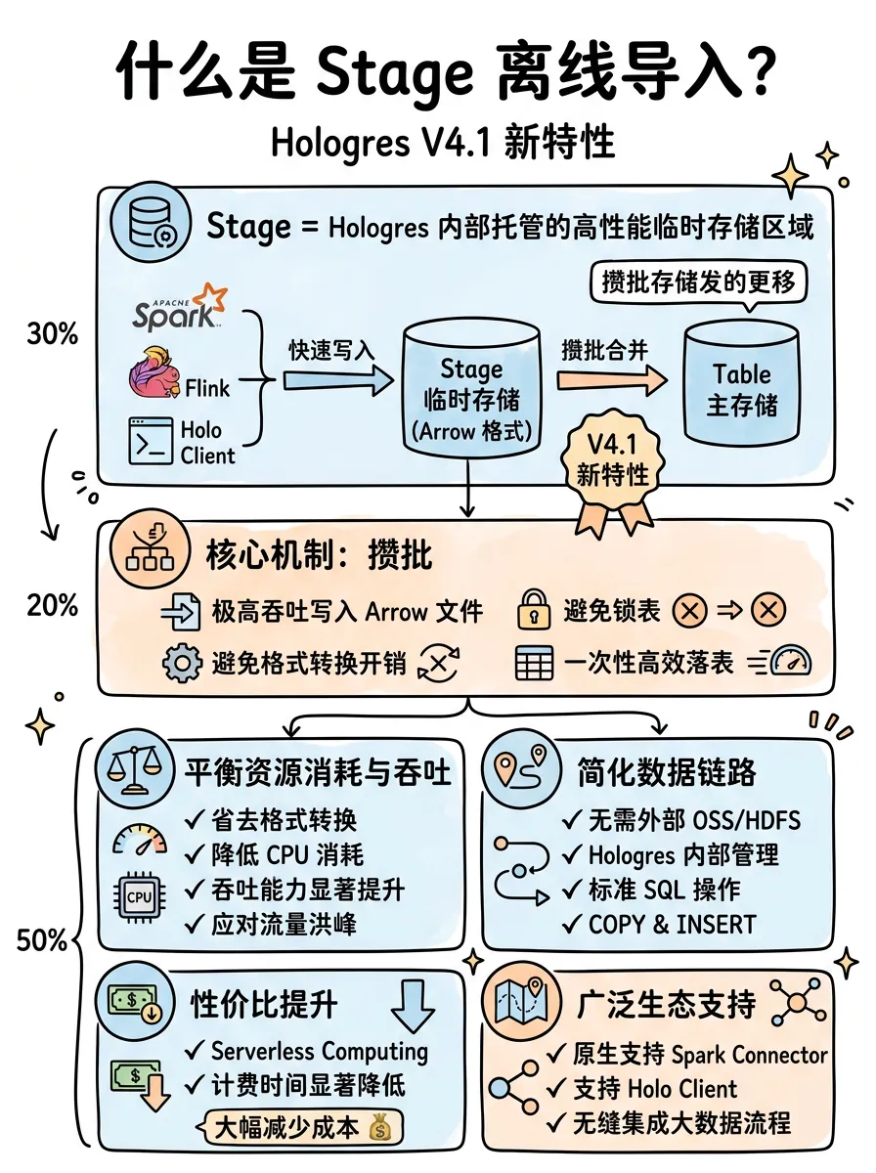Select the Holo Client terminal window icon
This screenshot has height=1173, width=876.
[x=151, y=441]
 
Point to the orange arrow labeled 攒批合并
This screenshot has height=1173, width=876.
[x=612, y=380]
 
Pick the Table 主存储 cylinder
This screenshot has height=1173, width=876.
[x=742, y=382]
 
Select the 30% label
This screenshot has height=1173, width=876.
[x=53, y=334]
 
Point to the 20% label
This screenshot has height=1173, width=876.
[x=53, y=605]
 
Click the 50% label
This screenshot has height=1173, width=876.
[x=42, y=940]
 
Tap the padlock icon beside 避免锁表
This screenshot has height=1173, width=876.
[x=534, y=609]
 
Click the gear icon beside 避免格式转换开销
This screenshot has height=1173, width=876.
[x=182, y=663]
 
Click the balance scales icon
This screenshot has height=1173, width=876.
[x=135, y=769]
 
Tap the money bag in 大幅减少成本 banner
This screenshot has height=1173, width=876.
[x=380, y=1127]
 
